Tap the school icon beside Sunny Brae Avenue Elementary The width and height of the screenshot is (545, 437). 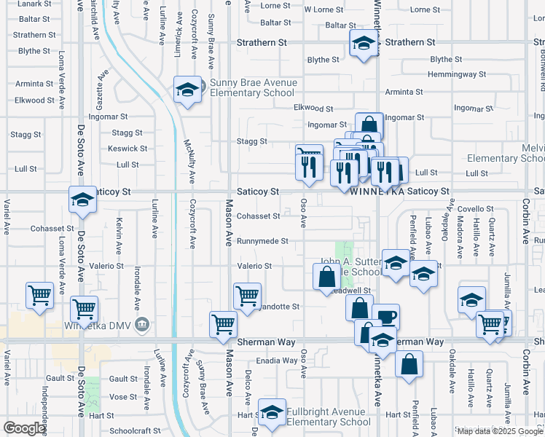[187, 90]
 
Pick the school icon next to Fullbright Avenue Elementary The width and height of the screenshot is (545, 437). [272, 414]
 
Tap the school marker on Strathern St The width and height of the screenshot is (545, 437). [363, 44]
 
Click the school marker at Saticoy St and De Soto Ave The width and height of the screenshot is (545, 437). [82, 200]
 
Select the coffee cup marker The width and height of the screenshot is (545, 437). [385, 317]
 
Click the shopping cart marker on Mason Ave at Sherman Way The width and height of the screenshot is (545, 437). [223, 325]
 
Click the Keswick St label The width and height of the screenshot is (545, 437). [128, 149]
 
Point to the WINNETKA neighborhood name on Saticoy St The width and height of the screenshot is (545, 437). [376, 192]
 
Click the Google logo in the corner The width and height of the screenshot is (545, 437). [24, 428]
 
